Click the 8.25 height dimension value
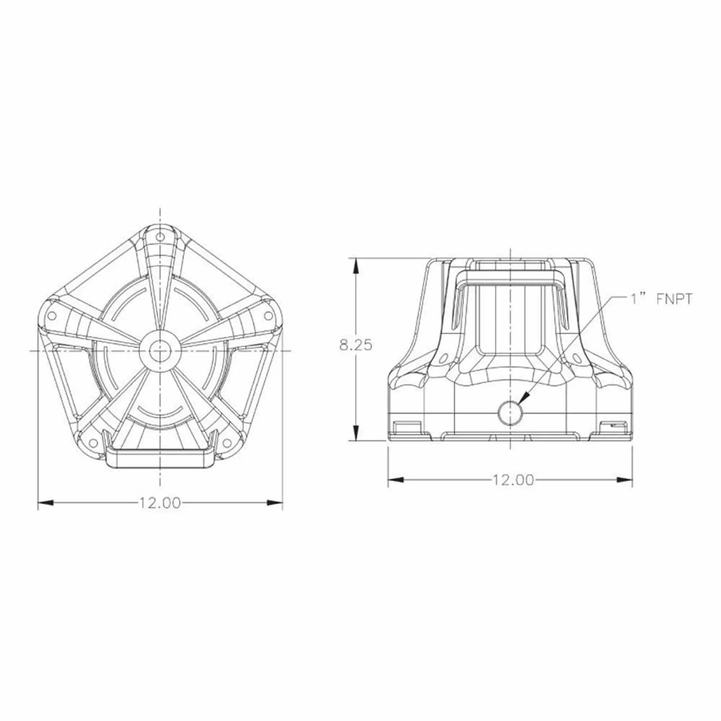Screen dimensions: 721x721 pyautogui.click(x=356, y=345)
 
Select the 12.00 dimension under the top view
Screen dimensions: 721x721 pyautogui.click(x=160, y=503)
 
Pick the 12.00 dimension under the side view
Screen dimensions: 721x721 pyautogui.click(x=513, y=480)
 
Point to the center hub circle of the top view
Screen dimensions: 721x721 pyautogui.click(x=160, y=351)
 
